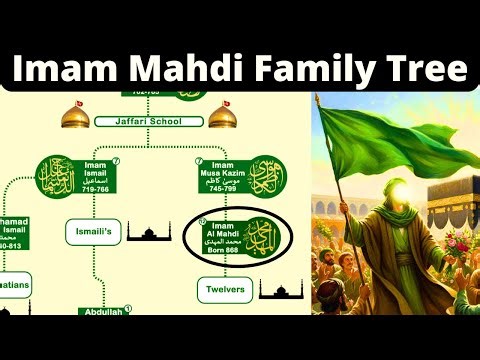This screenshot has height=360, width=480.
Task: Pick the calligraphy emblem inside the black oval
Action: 263,236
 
